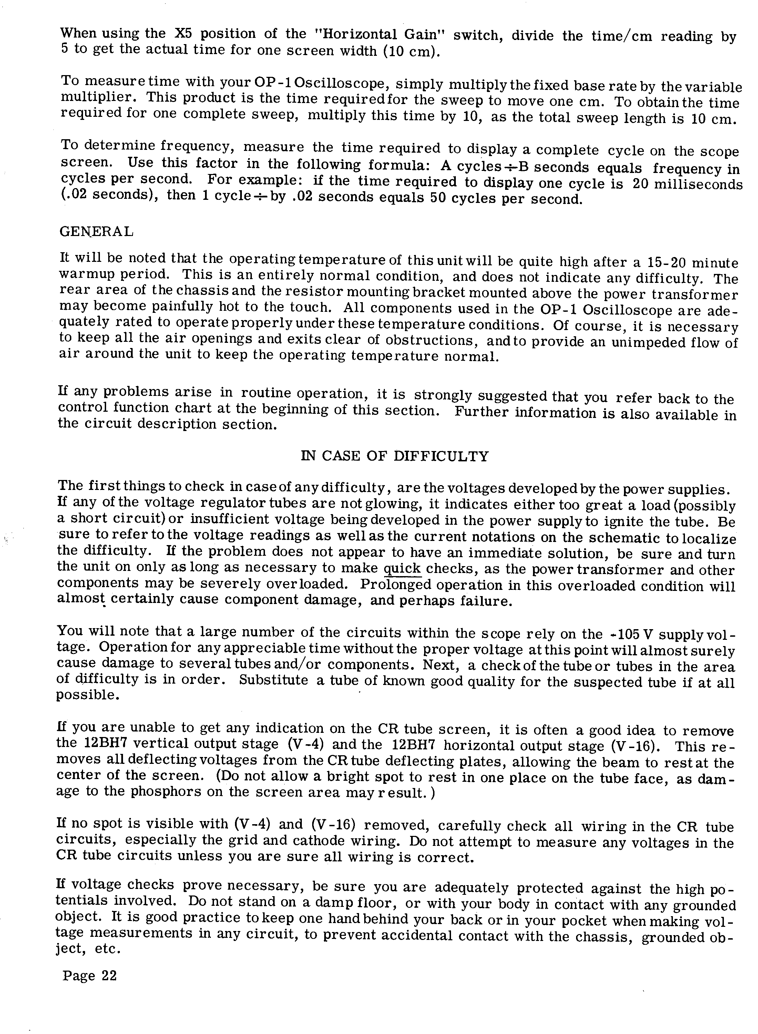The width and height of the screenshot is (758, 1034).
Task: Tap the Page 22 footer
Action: [x=90, y=975]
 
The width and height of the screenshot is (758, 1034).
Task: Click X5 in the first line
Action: [x=184, y=34]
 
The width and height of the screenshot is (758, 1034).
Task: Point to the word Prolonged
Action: [x=396, y=585]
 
